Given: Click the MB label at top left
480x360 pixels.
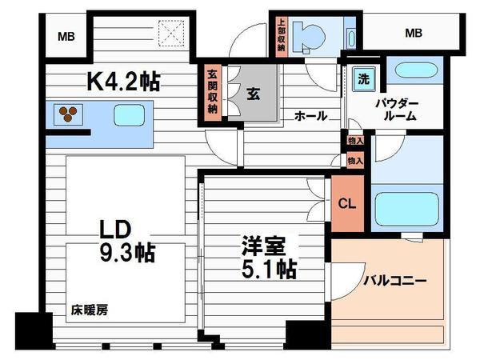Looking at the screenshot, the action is click(x=66, y=37).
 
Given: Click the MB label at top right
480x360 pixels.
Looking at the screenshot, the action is click(x=414, y=33).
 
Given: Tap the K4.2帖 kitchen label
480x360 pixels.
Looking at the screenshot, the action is click(x=123, y=81).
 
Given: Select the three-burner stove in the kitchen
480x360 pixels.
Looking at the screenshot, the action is click(x=68, y=114).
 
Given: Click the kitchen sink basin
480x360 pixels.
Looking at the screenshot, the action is click(x=129, y=115).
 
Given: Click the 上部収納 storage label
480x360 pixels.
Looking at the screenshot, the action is click(x=281, y=35).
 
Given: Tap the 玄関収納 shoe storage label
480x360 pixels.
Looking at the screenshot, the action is click(x=213, y=93).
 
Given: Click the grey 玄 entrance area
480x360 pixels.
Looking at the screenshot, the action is click(x=253, y=93).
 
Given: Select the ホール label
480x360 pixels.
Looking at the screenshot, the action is click(x=310, y=116).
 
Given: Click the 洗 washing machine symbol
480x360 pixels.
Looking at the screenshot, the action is click(x=364, y=79).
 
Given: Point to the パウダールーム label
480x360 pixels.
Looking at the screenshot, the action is click(x=398, y=110).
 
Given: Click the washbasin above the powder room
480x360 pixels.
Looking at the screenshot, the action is click(x=415, y=70).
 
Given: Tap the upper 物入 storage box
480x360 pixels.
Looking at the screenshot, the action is click(x=355, y=141).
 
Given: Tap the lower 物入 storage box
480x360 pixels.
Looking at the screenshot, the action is click(x=355, y=161).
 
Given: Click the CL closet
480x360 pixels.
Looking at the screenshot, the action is click(x=347, y=203).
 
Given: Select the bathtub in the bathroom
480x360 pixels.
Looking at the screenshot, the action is click(x=407, y=209).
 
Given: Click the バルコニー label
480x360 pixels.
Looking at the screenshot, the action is click(x=395, y=281).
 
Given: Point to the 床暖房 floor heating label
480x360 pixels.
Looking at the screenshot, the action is click(x=90, y=310).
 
